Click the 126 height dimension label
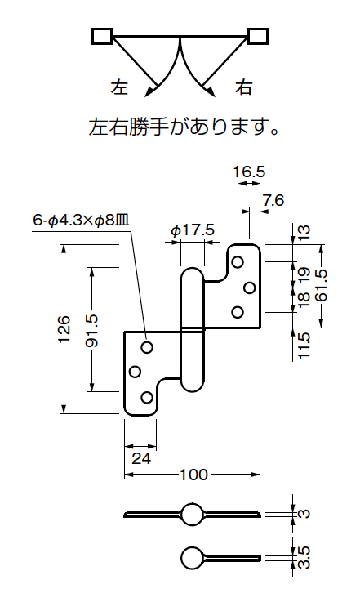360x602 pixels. click(x=64, y=329)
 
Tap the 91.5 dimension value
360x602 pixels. click(x=91, y=330)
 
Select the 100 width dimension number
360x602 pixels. click(x=193, y=475)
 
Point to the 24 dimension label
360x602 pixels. click(x=141, y=458)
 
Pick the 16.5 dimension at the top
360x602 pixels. click(x=250, y=172)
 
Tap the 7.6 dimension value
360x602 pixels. click(x=273, y=200)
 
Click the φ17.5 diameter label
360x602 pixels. click(x=193, y=230)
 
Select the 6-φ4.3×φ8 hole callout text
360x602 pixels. click(x=81, y=221)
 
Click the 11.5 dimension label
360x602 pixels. click(x=303, y=346)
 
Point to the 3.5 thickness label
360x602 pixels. click(x=303, y=557)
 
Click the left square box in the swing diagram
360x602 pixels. click(x=102, y=36)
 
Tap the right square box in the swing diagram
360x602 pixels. click(x=258, y=36)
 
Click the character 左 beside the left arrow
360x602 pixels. click(x=119, y=87)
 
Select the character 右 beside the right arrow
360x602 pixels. click(x=243, y=87)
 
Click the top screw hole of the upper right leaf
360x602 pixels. click(x=238, y=262)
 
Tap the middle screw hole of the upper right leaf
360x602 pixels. click(x=250, y=288)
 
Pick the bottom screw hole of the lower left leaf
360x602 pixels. click(x=147, y=397)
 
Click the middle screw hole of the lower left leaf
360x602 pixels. click(x=135, y=372)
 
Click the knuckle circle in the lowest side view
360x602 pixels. click(x=192, y=557)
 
